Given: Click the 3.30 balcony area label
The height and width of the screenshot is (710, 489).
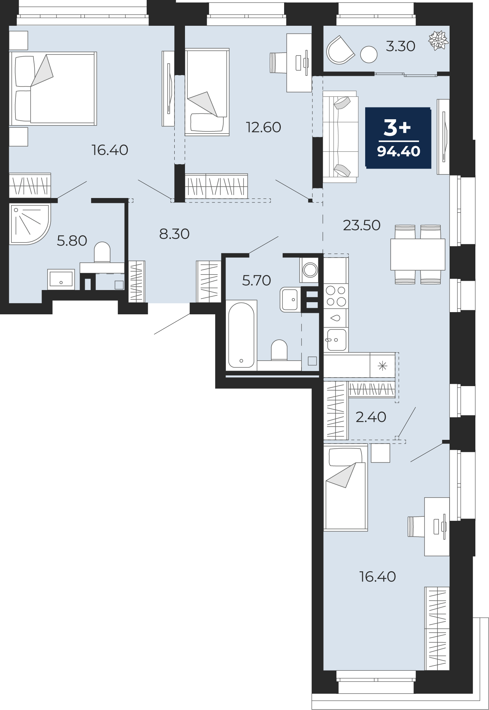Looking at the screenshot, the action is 401,46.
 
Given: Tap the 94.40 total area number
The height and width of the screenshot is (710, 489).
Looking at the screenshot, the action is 399,151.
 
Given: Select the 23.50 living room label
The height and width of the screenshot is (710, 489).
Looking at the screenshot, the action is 361,225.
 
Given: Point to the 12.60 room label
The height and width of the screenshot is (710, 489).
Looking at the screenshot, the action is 263,127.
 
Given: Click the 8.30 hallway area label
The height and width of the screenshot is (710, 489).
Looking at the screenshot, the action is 174,234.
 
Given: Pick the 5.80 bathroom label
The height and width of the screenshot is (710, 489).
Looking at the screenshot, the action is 72,241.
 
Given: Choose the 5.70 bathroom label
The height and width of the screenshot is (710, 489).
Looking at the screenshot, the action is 256,280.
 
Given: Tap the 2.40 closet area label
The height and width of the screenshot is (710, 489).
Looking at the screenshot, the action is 371,417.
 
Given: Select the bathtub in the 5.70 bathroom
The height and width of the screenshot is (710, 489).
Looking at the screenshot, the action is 241,335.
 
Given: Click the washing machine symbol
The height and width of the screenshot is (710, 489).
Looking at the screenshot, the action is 310,270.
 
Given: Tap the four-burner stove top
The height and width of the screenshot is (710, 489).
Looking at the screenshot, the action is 336,296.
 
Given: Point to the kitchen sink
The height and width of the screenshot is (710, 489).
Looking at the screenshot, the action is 336,340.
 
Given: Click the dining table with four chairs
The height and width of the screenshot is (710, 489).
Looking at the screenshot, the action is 418,254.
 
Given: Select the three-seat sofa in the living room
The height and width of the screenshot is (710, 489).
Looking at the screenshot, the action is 340,137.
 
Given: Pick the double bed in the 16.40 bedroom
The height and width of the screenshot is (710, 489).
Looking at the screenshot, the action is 53,88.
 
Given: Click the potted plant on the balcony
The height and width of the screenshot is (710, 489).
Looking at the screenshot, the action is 439,40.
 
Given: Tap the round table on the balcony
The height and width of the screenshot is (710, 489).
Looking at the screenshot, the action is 369,55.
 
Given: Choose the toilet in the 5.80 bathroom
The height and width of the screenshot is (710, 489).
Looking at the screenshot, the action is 102,252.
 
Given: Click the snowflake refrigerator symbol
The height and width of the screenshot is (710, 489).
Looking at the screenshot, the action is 383,366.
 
